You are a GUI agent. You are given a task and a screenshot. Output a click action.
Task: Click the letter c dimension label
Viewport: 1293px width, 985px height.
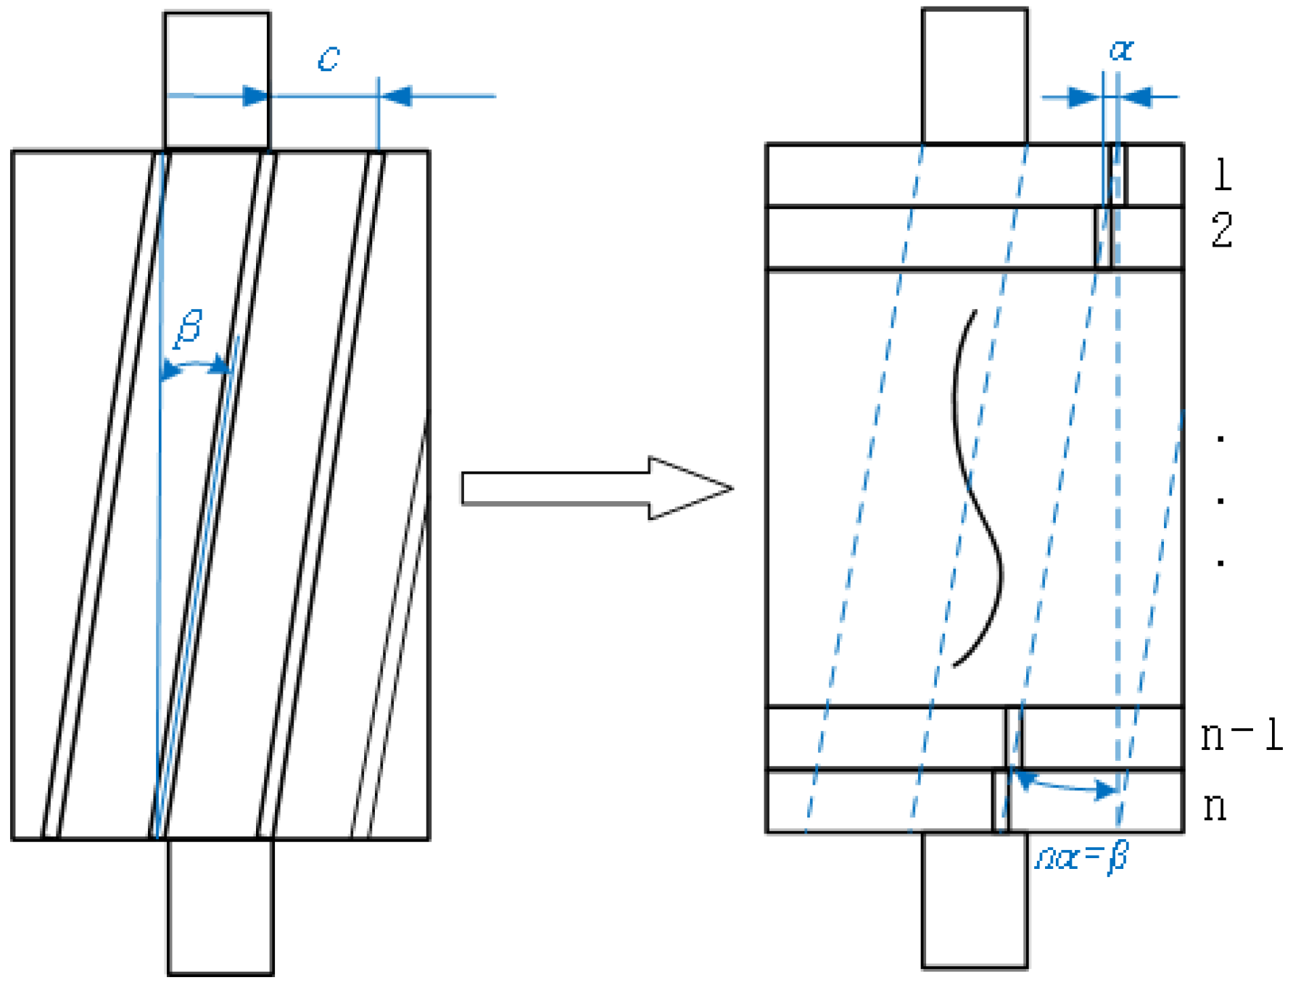329,59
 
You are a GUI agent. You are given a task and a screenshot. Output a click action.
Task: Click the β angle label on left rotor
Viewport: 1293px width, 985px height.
189,328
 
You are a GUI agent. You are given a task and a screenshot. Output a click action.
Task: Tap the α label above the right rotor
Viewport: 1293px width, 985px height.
1121,50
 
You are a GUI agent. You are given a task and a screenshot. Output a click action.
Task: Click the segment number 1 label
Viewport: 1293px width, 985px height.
1223,175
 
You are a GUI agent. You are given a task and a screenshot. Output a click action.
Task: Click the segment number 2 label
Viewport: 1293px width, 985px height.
1222,231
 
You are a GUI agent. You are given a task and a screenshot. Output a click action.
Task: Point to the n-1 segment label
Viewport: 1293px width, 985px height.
1241,735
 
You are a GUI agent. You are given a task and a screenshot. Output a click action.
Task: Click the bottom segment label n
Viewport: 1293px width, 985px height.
1215,807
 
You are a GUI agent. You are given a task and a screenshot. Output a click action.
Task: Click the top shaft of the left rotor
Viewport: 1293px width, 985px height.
217,80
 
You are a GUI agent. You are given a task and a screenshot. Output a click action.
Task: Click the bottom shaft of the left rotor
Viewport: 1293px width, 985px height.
220,907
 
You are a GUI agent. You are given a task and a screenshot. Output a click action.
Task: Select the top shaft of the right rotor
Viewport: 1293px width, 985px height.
975,76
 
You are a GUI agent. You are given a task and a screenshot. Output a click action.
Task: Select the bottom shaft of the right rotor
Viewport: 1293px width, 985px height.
975,899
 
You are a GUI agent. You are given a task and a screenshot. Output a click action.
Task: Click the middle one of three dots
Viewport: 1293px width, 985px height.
1221,500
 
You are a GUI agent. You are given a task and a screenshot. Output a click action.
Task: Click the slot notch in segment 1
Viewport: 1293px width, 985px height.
1119,176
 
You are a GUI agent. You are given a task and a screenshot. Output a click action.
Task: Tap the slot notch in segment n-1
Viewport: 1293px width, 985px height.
1014,738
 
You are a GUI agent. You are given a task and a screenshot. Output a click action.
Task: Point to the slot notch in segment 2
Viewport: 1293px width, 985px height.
1103,238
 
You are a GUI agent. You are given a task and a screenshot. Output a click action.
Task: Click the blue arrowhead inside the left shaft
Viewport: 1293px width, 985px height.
255,96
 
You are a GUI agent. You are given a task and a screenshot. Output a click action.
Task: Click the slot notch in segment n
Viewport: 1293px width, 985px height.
1000,801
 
